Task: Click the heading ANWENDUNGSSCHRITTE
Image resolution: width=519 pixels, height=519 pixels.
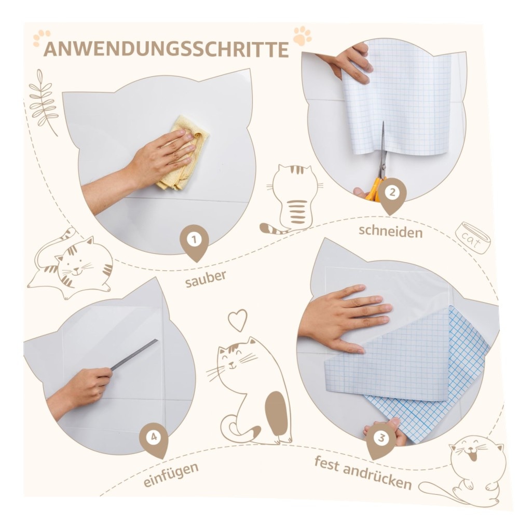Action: click(166, 49)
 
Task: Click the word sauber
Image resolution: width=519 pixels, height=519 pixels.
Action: click(206, 279)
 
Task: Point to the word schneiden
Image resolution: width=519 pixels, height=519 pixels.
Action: click(391, 231)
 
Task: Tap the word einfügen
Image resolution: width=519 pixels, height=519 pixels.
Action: click(171, 474)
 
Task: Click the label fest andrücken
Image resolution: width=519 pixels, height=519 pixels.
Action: click(363, 473)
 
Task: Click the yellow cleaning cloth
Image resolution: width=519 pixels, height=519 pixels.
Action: click(183, 153)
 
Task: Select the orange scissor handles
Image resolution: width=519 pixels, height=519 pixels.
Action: click(375, 189)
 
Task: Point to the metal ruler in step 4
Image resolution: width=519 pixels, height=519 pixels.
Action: click(134, 354)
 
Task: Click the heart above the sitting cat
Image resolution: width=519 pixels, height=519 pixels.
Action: click(237, 320)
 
